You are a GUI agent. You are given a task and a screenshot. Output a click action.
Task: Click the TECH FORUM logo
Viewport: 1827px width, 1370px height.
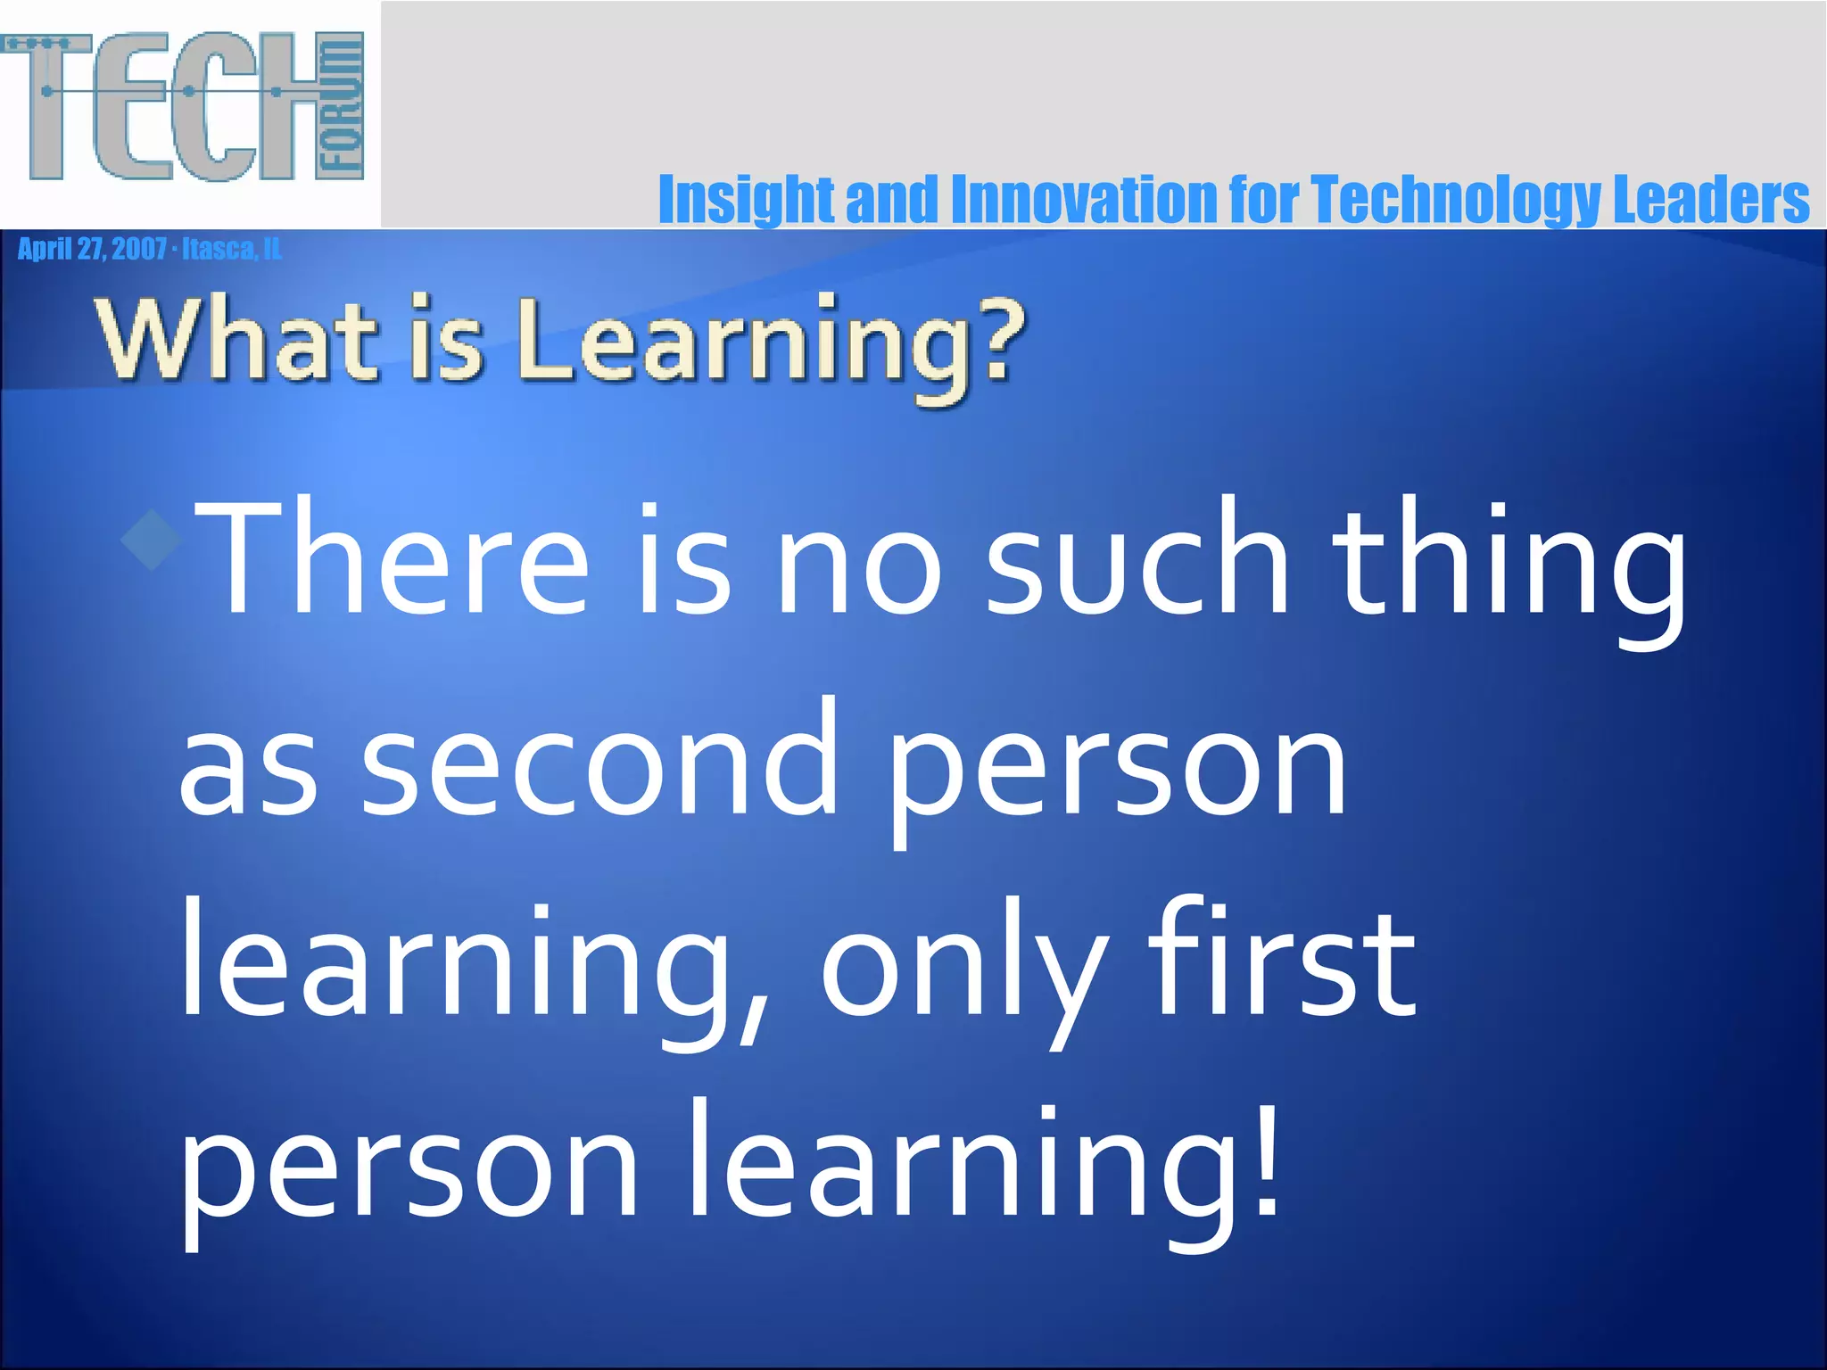click(x=183, y=107)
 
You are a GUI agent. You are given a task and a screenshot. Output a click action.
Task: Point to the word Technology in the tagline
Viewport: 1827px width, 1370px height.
click(x=1456, y=200)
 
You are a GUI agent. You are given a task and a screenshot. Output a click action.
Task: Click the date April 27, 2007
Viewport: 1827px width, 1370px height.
click(x=92, y=249)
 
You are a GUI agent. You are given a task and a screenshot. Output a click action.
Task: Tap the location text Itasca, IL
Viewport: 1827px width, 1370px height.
click(x=232, y=249)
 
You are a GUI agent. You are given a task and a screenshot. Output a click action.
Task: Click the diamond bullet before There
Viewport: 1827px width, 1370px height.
click(x=153, y=538)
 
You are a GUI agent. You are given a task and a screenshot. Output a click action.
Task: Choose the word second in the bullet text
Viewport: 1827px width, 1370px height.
click(x=599, y=758)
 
